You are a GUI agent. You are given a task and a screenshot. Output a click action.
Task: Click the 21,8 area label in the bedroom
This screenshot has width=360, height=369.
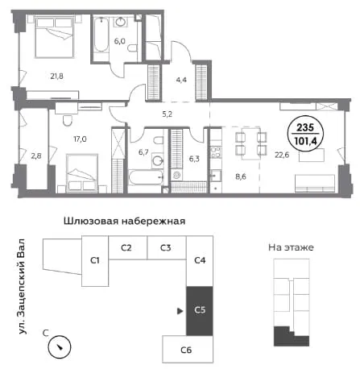pyautogui.click(x=56, y=77)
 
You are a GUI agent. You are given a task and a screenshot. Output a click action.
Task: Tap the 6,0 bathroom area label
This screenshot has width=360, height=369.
pyautogui.click(x=119, y=41)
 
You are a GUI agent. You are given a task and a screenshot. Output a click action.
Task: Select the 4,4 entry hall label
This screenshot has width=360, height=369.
pyautogui.click(x=181, y=80)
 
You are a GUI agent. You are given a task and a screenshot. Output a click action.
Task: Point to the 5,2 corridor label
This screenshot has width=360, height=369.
pyautogui.click(x=167, y=114)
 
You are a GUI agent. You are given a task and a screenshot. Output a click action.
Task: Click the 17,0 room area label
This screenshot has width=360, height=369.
pyautogui.click(x=80, y=139)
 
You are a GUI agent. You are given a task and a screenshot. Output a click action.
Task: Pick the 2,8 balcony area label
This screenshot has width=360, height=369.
pyautogui.click(x=36, y=155)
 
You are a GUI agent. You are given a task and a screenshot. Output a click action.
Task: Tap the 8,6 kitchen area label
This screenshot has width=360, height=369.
pyautogui.click(x=241, y=176)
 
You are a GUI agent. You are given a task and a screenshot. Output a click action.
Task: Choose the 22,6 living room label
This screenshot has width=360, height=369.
pyautogui.click(x=282, y=155)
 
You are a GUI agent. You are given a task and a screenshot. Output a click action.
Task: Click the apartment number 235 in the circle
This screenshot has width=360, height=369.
pyautogui.click(x=305, y=127)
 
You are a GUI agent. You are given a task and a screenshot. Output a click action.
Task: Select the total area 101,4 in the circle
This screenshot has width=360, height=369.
pyautogui.click(x=305, y=141)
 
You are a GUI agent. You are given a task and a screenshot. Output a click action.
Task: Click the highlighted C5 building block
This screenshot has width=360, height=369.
pyautogui.click(x=200, y=311)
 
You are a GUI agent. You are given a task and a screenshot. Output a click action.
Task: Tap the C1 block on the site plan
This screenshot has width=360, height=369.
pyautogui.click(x=95, y=261)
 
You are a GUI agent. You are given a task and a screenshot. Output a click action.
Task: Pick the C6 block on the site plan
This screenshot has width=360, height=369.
pyautogui.click(x=188, y=349)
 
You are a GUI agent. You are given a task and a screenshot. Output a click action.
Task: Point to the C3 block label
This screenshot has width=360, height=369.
pyautogui.click(x=166, y=247)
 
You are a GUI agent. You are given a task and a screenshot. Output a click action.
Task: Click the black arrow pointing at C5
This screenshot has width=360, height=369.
pyautogui.click(x=180, y=311)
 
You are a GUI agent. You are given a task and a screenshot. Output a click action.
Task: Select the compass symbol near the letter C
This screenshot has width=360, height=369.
pyautogui.click(x=60, y=346)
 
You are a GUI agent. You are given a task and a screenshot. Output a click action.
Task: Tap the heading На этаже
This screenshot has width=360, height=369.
pyautogui.click(x=291, y=247)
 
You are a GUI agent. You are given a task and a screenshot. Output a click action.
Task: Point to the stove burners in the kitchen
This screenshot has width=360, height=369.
pyautogui.click(x=216, y=152)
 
